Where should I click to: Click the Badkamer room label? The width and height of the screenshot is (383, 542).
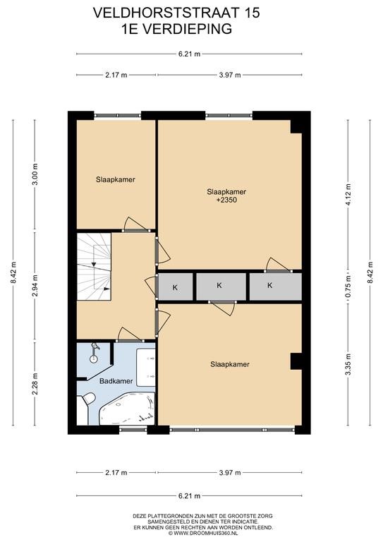(x=116, y=381)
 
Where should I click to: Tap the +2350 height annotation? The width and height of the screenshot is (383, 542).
(x=226, y=200)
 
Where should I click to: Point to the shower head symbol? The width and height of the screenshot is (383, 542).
(x=94, y=353)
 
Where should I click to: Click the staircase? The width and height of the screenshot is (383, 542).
(x=94, y=267)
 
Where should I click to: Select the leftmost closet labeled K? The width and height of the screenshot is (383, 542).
(x=176, y=287)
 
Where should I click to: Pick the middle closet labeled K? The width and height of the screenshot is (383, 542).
(x=221, y=287)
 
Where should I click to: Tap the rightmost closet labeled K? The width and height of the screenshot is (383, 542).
(x=275, y=287)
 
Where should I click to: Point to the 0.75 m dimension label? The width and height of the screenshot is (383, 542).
(x=348, y=287)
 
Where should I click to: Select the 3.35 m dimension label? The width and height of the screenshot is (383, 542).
(x=348, y=365)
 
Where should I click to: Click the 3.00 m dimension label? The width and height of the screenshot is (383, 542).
(x=35, y=174)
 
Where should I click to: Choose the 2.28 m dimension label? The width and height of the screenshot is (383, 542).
(x=35, y=384)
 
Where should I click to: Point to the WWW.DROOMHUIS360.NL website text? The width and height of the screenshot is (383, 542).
(x=206, y=533)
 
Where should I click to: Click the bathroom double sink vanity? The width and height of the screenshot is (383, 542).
(x=146, y=368)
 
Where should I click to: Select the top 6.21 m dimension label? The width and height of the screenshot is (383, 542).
(x=189, y=54)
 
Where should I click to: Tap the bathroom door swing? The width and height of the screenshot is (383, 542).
(x=128, y=335)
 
